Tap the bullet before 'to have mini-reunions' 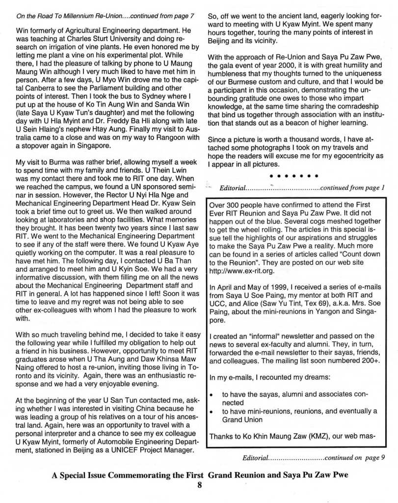click(211, 411)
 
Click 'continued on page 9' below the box click(351, 458)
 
